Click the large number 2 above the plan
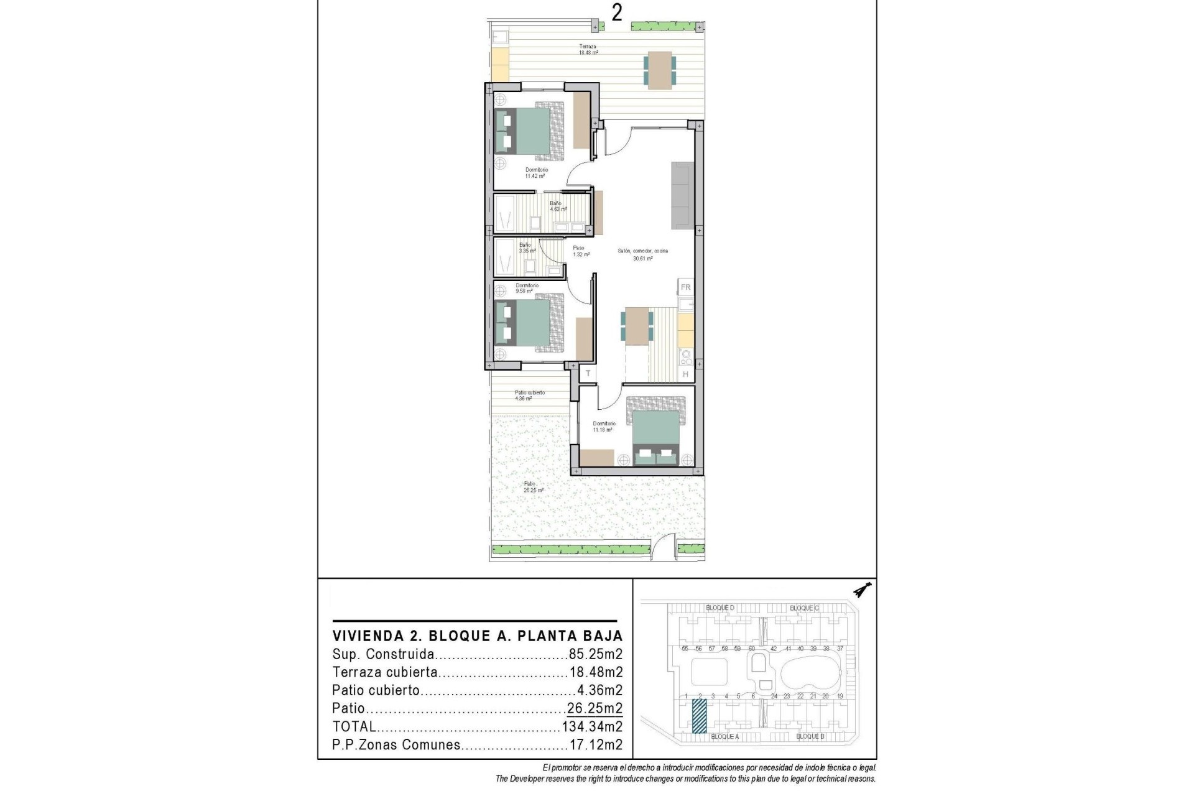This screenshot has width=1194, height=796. coord(616,12)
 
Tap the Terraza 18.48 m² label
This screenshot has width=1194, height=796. coord(588,50)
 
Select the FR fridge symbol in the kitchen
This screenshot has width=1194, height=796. coord(685,287)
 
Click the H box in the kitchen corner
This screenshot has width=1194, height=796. coord(685,374)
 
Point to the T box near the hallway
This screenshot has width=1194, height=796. coord(588,373)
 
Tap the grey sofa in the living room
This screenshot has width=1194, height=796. coord(682,195)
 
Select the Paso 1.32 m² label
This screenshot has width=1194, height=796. coord(578,251)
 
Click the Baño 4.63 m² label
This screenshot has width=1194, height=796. coord(557,206)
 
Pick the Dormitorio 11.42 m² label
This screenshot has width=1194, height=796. coord(536,173)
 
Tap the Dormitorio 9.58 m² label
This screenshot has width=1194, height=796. coord(526,288)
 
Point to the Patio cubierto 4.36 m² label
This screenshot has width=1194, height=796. coord(529,396)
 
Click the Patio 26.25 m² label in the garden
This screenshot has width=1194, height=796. coord(533,487)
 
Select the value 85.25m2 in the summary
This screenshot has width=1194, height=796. coord(595,654)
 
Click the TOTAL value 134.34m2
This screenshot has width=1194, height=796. coord(592,726)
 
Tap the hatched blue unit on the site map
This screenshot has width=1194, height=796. coord(700,716)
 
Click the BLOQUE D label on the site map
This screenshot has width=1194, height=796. coord(720,608)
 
